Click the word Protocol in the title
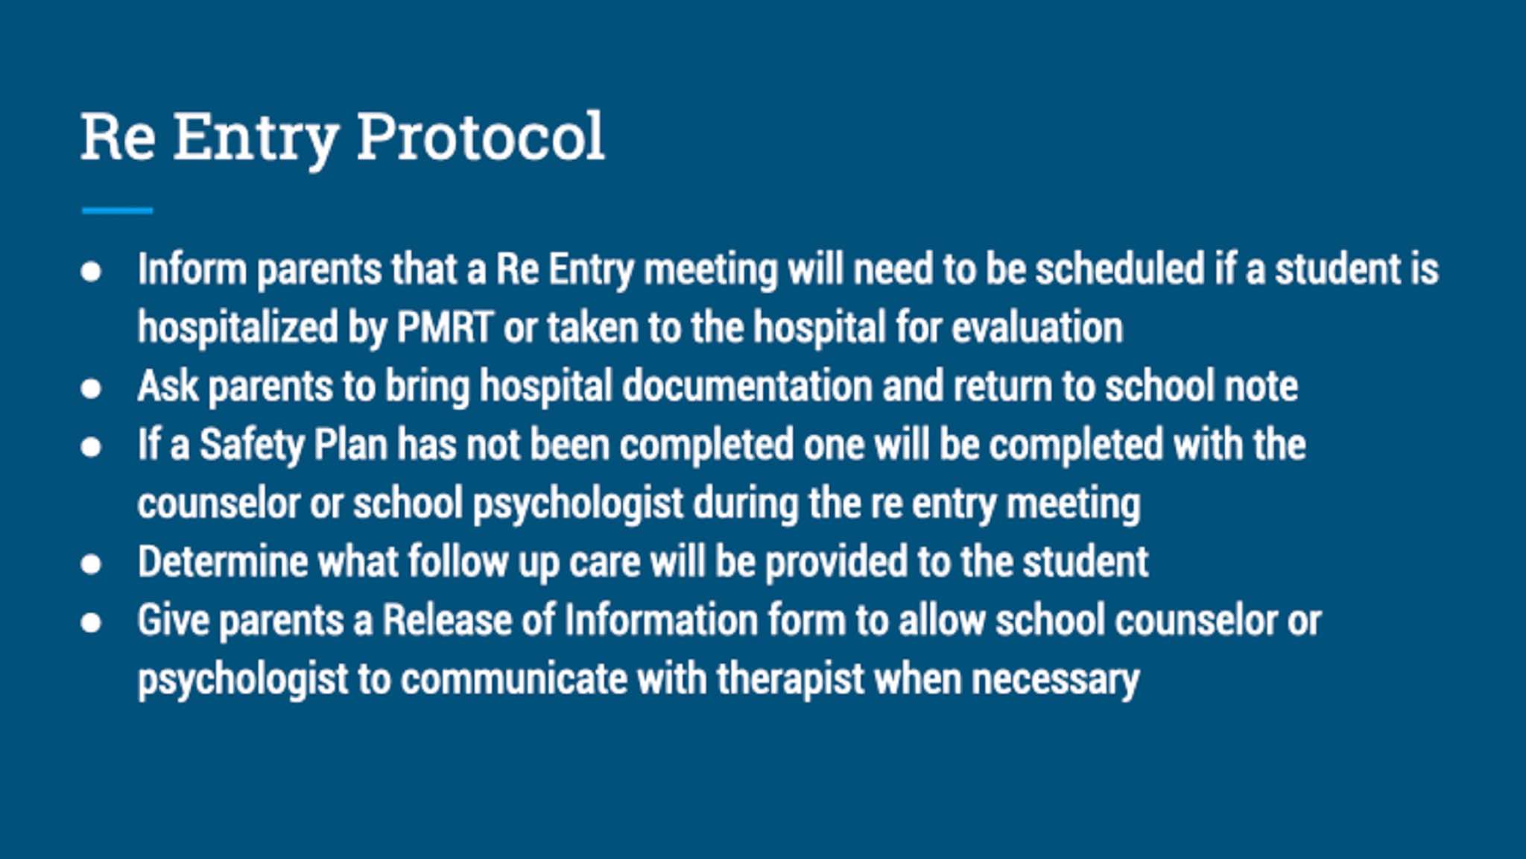(481, 137)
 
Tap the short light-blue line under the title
(117, 211)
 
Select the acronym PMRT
(445, 327)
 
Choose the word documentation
(747, 386)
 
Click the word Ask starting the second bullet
(168, 386)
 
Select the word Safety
(252, 446)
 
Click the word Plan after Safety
(350, 445)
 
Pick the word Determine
(223, 562)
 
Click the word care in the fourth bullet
(604, 562)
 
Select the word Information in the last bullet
(661, 621)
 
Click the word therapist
(790, 679)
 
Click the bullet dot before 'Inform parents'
(91, 270)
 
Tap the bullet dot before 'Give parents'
(91, 622)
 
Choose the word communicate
(513, 679)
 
